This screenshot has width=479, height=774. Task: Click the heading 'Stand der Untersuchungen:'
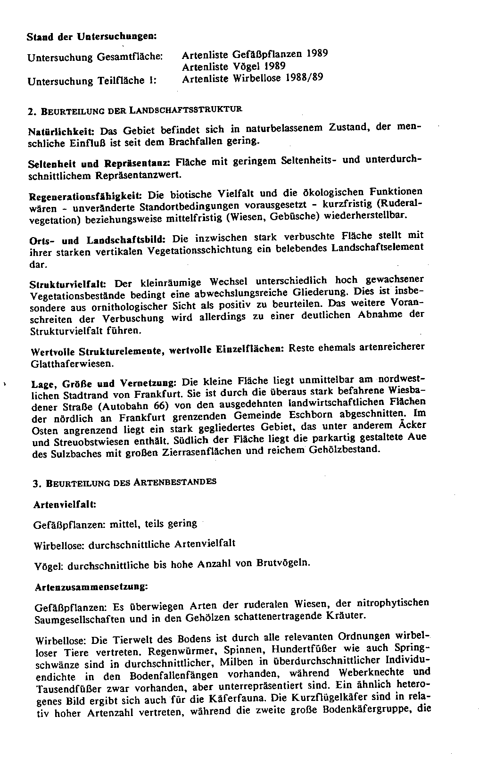(x=91, y=36)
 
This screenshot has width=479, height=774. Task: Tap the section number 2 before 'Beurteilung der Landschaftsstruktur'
(x=30, y=112)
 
